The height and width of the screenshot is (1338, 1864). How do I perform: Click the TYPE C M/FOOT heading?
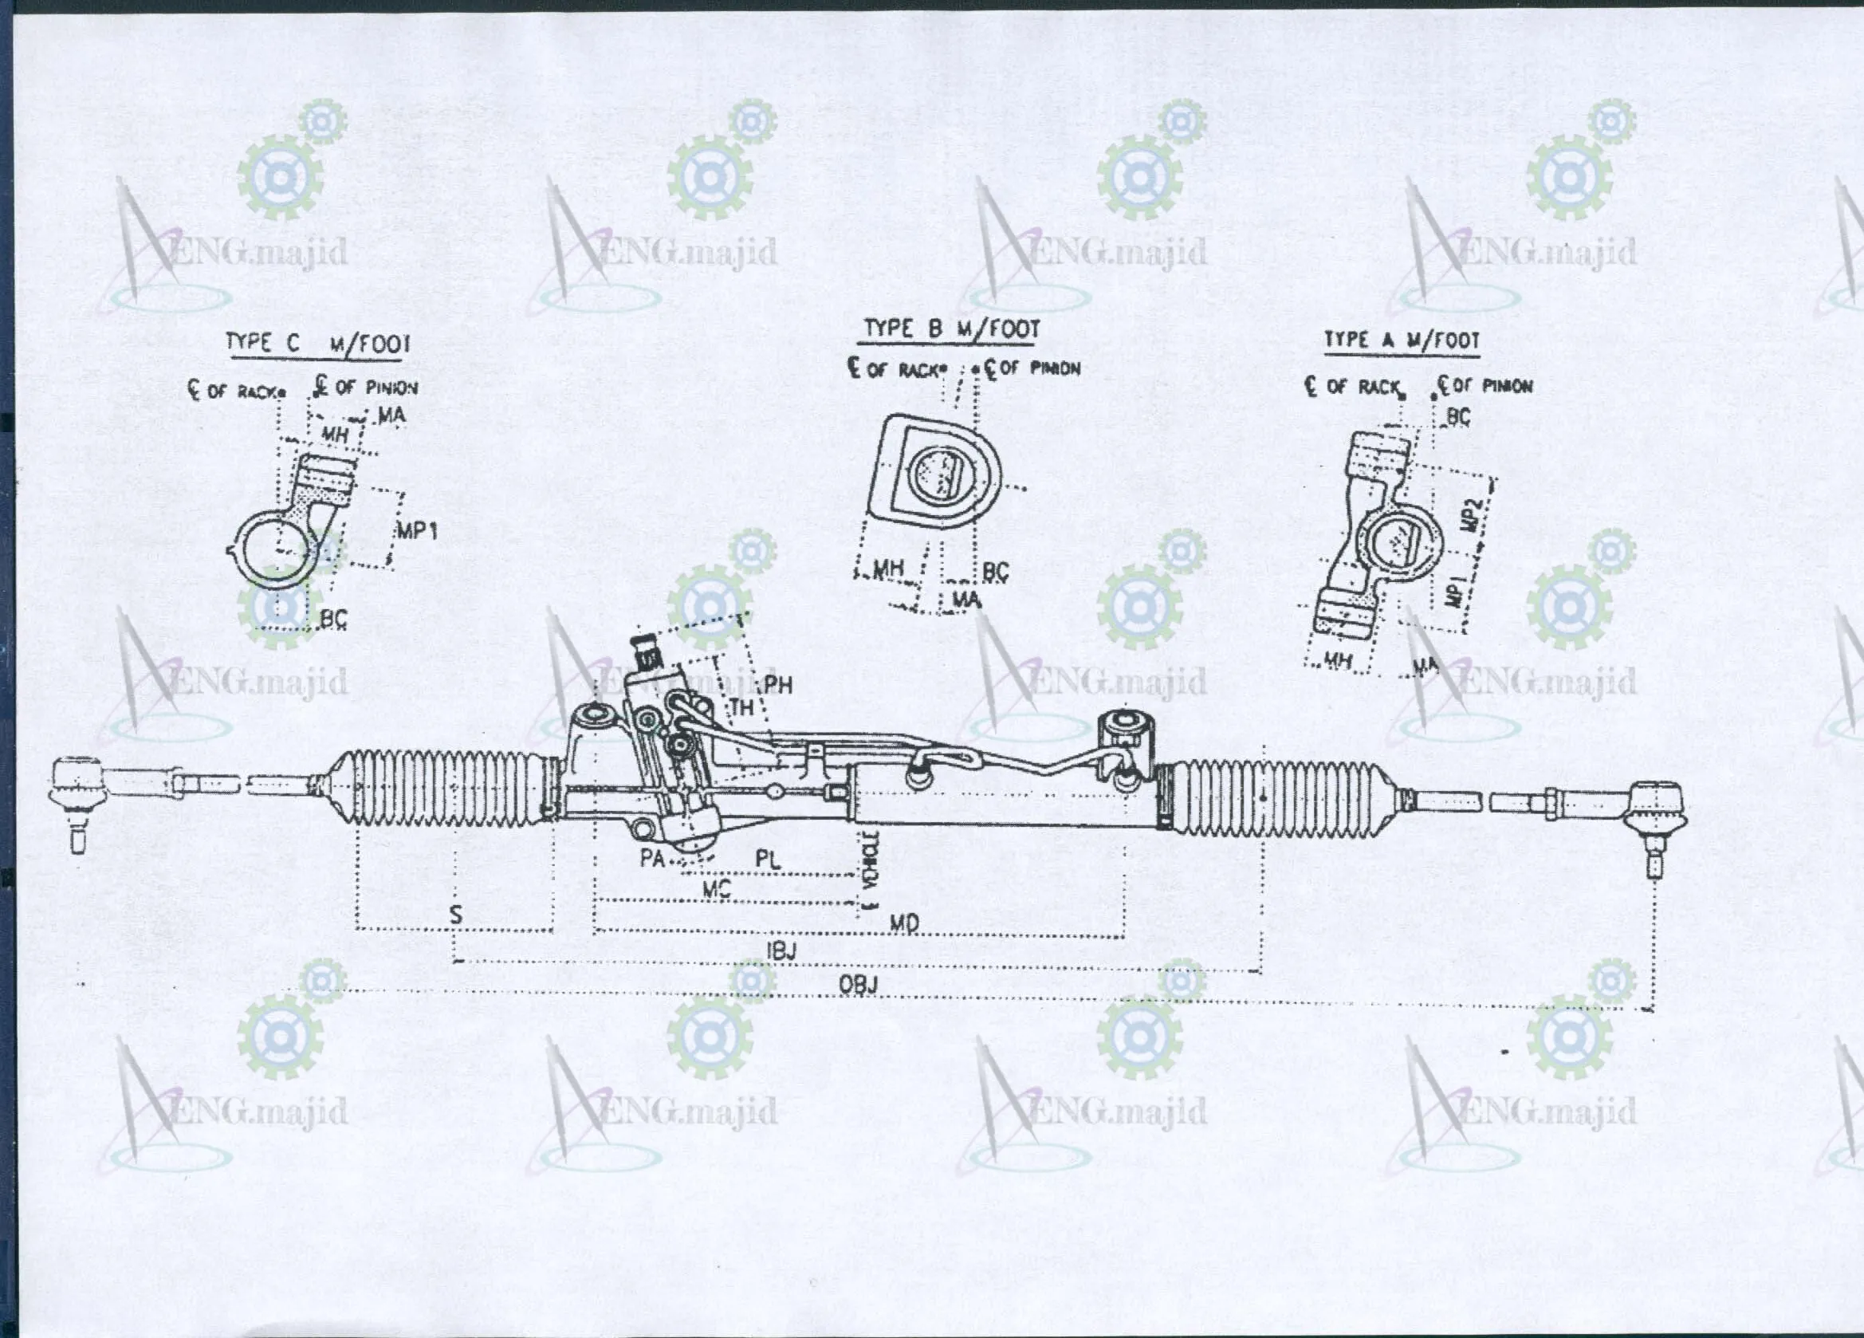point(317,344)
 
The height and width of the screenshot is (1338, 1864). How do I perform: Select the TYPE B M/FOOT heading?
point(951,329)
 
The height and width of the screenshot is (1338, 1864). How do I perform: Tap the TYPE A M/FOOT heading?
point(1402,340)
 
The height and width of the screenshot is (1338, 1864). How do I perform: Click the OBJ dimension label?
point(858,984)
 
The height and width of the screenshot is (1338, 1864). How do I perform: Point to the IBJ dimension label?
point(781,951)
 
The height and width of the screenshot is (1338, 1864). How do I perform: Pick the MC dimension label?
point(716,888)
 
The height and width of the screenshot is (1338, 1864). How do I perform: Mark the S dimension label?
point(456,914)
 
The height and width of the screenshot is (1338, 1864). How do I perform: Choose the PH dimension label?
point(777,685)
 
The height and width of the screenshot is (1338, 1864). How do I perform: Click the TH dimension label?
point(742,706)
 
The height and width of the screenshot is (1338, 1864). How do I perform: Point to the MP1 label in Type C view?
point(417,531)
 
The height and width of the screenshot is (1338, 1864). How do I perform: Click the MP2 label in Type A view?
point(1473,514)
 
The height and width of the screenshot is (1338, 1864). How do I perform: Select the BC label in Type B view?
point(995,572)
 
